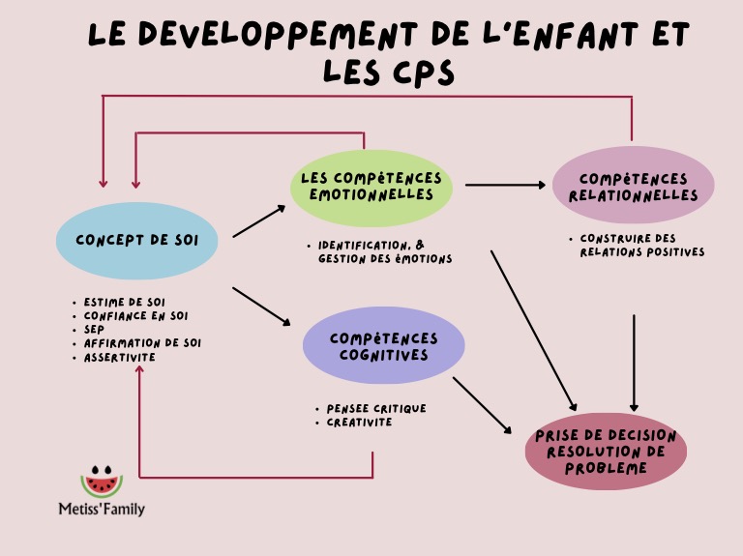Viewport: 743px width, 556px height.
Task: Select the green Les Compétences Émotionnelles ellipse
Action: [371, 188]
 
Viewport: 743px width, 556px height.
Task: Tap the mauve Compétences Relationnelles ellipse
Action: [633, 187]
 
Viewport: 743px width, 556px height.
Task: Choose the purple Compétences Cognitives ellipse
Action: [383, 346]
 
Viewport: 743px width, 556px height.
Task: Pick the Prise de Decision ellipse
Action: [606, 451]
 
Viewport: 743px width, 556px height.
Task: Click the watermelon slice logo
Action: [102, 481]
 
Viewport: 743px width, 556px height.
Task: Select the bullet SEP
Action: [94, 329]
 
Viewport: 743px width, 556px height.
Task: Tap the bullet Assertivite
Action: [119, 357]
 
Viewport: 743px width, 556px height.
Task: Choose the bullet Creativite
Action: [359, 423]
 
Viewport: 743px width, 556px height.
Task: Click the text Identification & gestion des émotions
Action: [384, 251]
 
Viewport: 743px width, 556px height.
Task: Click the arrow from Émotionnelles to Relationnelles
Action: [505, 185]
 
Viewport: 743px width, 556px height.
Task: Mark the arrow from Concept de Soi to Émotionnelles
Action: [259, 221]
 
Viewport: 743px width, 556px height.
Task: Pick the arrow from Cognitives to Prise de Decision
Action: [482, 405]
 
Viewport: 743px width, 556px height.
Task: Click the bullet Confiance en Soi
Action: [135, 315]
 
